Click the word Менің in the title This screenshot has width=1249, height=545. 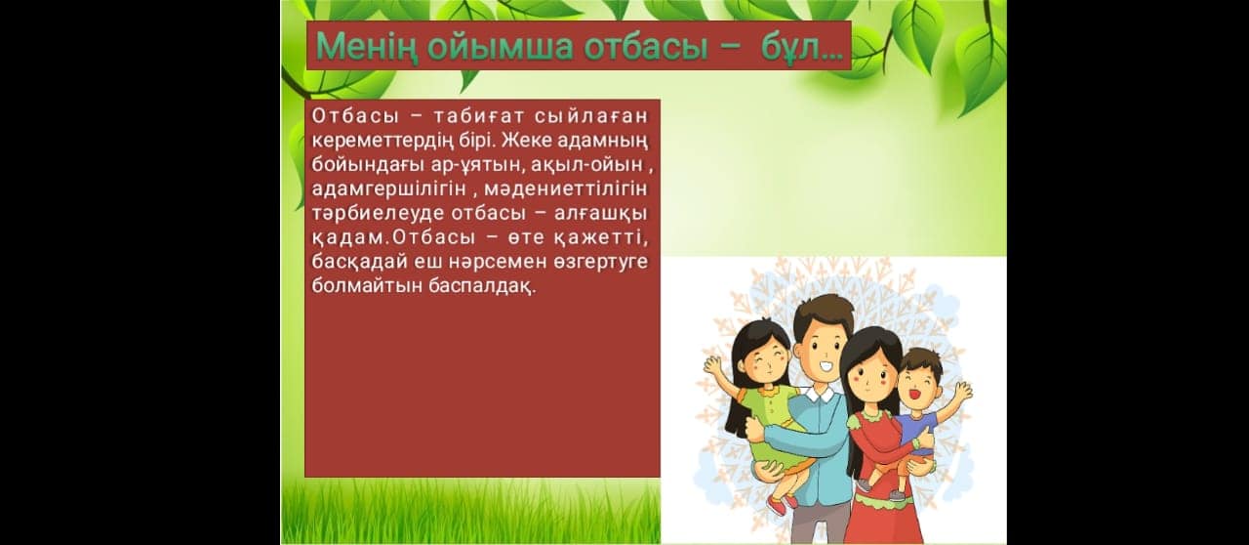coord(365,47)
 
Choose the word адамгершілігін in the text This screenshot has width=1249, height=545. coord(388,189)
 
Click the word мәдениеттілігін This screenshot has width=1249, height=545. coord(566,189)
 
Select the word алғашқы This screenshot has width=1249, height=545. coord(601,214)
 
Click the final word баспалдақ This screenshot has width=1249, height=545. coord(482,286)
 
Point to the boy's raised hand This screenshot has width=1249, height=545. coord(963,390)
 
